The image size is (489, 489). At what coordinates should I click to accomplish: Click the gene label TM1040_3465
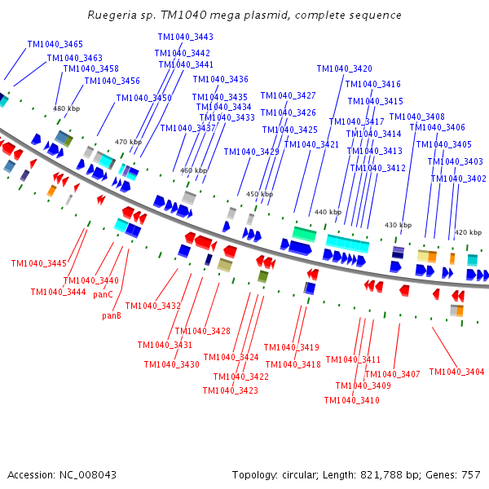coord(55,44)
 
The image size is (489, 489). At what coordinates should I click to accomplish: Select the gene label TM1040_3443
coord(186,37)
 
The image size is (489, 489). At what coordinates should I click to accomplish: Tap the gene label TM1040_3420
coord(344,69)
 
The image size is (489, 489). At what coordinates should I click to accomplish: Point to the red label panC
coord(103,294)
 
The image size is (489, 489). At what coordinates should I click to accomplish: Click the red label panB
coord(112,315)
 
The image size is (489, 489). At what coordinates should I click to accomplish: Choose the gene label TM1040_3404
coord(456,372)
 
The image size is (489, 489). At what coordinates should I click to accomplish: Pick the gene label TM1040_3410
coord(351,400)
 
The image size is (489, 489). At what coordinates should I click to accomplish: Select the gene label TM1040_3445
coord(39,263)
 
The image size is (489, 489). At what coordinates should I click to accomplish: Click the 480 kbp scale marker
coord(66,108)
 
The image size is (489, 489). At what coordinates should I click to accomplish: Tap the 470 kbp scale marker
coord(128,142)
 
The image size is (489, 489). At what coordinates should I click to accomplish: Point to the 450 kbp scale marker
coord(259,194)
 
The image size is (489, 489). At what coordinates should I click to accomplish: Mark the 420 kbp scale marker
coord(468,232)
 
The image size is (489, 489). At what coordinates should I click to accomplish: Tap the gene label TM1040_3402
coord(458,178)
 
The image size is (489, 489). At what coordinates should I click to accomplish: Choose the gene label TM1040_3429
coord(251,152)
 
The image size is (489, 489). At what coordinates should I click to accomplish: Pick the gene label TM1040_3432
coord(153,306)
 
